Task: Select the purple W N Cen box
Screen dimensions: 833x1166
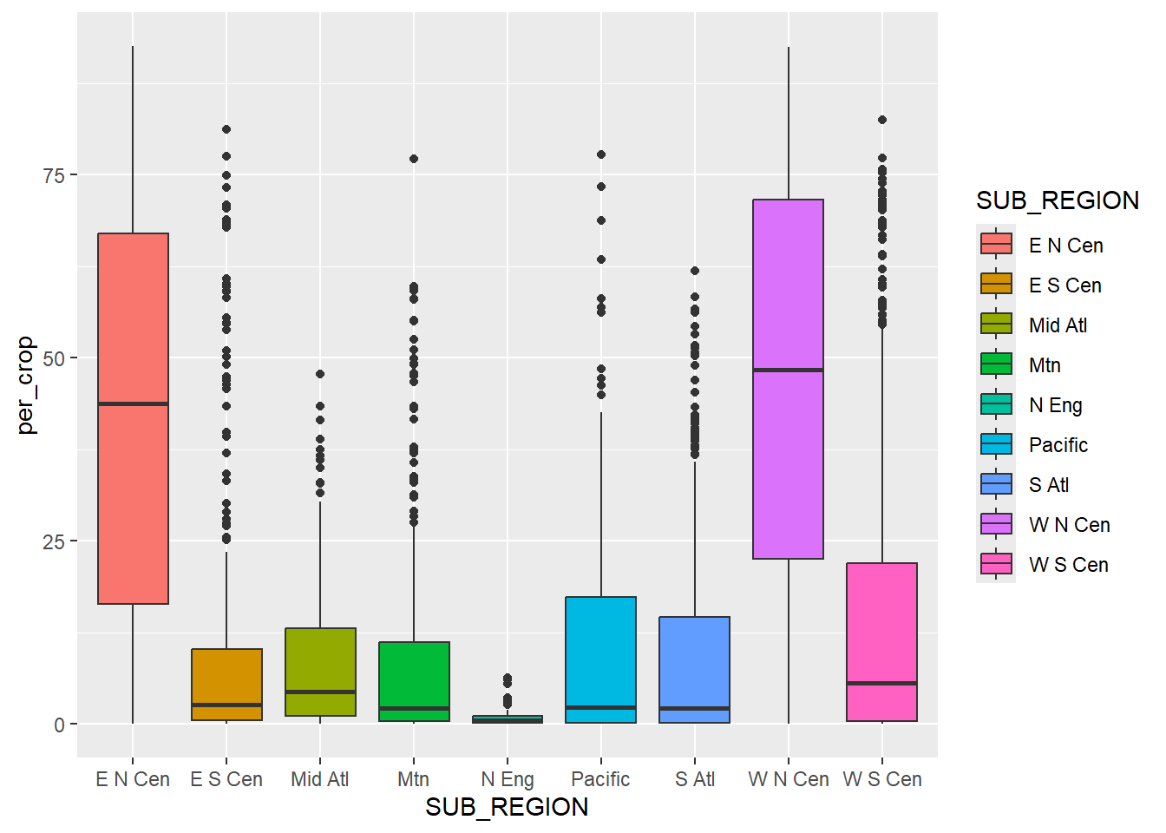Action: coord(788,469)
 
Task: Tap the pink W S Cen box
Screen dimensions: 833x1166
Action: coord(881,625)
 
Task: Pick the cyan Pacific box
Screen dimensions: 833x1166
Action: coord(600,651)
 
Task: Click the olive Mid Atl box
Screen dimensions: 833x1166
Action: coord(320,659)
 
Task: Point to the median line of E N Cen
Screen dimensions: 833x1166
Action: coord(133,403)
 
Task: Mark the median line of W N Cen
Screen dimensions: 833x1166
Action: coord(788,370)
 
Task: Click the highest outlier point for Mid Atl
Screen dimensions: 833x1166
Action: coord(320,374)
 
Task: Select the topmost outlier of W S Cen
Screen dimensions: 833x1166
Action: coord(882,120)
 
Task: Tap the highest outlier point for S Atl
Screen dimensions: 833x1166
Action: coord(695,271)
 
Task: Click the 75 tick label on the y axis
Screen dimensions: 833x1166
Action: coord(54,175)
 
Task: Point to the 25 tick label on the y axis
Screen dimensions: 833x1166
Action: coord(54,541)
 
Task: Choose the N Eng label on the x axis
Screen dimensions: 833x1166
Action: coord(508,779)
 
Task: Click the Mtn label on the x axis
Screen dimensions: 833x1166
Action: coord(413,779)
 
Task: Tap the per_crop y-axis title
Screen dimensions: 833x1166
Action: coord(26,384)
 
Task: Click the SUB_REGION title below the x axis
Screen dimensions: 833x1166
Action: coord(507,807)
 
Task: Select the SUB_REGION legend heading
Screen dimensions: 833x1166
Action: coord(1057,200)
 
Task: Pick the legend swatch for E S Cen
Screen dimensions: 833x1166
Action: coord(996,285)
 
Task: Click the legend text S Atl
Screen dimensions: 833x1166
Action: coord(1049,485)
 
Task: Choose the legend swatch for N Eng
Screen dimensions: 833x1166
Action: coord(996,404)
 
